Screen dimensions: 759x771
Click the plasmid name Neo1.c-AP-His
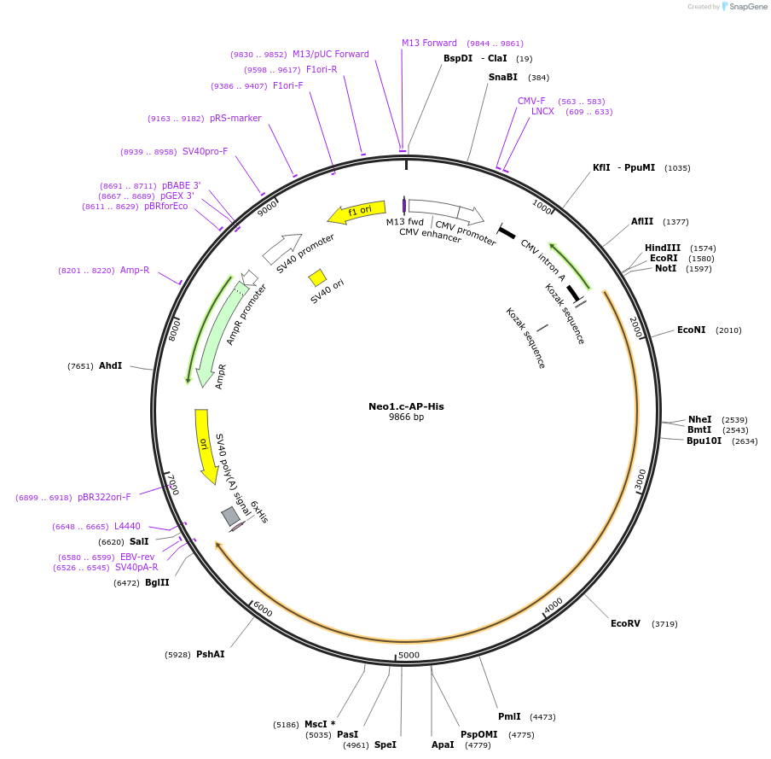pyautogui.click(x=406, y=406)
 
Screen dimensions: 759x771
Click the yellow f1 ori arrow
pyautogui.click(x=351, y=212)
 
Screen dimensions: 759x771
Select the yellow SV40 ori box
pyautogui.click(x=317, y=277)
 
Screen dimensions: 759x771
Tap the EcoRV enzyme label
pyautogui.click(x=625, y=624)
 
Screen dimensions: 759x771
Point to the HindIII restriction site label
pyautogui.click(x=663, y=248)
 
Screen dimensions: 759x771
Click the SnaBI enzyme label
pyautogui.click(x=503, y=77)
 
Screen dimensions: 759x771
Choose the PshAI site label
pyautogui.click(x=211, y=654)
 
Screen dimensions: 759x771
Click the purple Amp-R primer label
pyautogui.click(x=135, y=270)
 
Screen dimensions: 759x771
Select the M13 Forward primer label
pyautogui.click(x=429, y=43)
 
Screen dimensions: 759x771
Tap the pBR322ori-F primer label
pyautogui.click(x=104, y=497)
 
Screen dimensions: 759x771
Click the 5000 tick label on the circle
pyautogui.click(x=409, y=656)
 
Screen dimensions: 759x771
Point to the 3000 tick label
pyautogui.click(x=641, y=480)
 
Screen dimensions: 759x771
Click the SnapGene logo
pyautogui.click(x=745, y=7)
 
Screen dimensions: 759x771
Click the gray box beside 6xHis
pyautogui.click(x=230, y=516)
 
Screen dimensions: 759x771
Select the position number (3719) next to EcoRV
pyautogui.click(x=664, y=624)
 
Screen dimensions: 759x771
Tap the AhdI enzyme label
pyautogui.click(x=111, y=365)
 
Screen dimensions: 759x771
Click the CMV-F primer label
pyautogui.click(x=531, y=101)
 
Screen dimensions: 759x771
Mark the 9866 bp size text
pyautogui.click(x=406, y=417)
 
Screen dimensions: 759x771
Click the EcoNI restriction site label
pyautogui.click(x=692, y=330)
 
